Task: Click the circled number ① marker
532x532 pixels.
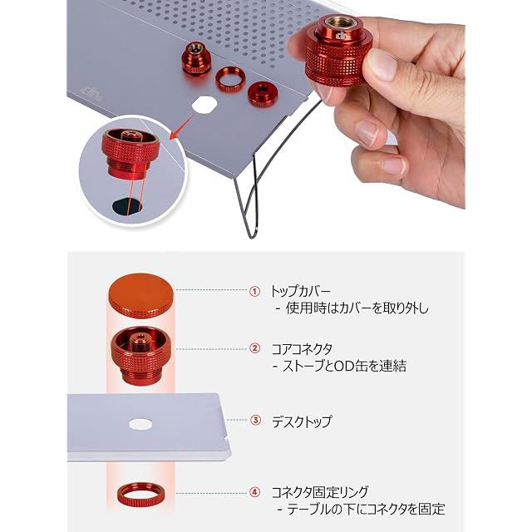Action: tap(254, 292)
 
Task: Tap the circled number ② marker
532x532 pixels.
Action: tap(254, 348)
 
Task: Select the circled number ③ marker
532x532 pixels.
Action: tap(255, 421)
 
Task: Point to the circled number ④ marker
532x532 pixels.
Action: tap(254, 492)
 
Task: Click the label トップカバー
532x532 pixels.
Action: tap(300, 291)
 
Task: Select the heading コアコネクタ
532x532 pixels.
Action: tap(302, 349)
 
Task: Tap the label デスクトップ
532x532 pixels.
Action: tap(302, 421)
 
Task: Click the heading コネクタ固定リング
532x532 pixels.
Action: tap(319, 492)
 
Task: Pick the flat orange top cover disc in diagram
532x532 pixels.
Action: tap(140, 296)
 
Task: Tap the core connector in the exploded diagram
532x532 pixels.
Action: tap(140, 356)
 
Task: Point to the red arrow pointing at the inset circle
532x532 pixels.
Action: tap(181, 127)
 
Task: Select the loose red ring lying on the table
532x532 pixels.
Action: tap(229, 79)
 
